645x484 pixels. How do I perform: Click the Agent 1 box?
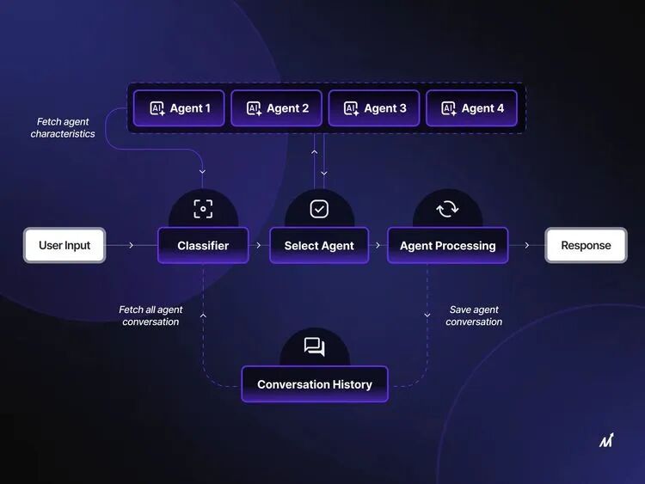click(179, 108)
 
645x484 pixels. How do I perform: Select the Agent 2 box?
click(276, 108)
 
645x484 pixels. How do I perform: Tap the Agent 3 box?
click(374, 108)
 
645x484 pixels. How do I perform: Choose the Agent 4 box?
click(471, 108)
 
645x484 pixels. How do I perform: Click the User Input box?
click(64, 245)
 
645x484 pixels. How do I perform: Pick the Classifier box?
click(203, 246)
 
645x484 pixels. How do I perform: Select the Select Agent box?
click(319, 246)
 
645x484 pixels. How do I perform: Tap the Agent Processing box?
click(447, 246)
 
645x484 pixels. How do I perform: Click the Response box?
click(586, 245)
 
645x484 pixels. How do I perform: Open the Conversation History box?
click(315, 384)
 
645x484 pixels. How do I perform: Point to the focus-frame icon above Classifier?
click(203, 209)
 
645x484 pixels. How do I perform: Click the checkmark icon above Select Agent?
click(319, 209)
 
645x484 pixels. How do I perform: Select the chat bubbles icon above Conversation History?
click(315, 346)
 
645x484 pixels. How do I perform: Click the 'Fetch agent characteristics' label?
click(63, 127)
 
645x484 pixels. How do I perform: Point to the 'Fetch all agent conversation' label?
click(150, 316)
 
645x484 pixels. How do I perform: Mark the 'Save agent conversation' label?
click(474, 316)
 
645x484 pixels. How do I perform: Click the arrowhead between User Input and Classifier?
click(132, 245)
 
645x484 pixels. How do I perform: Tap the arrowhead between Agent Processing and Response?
click(527, 245)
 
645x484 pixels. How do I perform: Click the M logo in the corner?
click(606, 440)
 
